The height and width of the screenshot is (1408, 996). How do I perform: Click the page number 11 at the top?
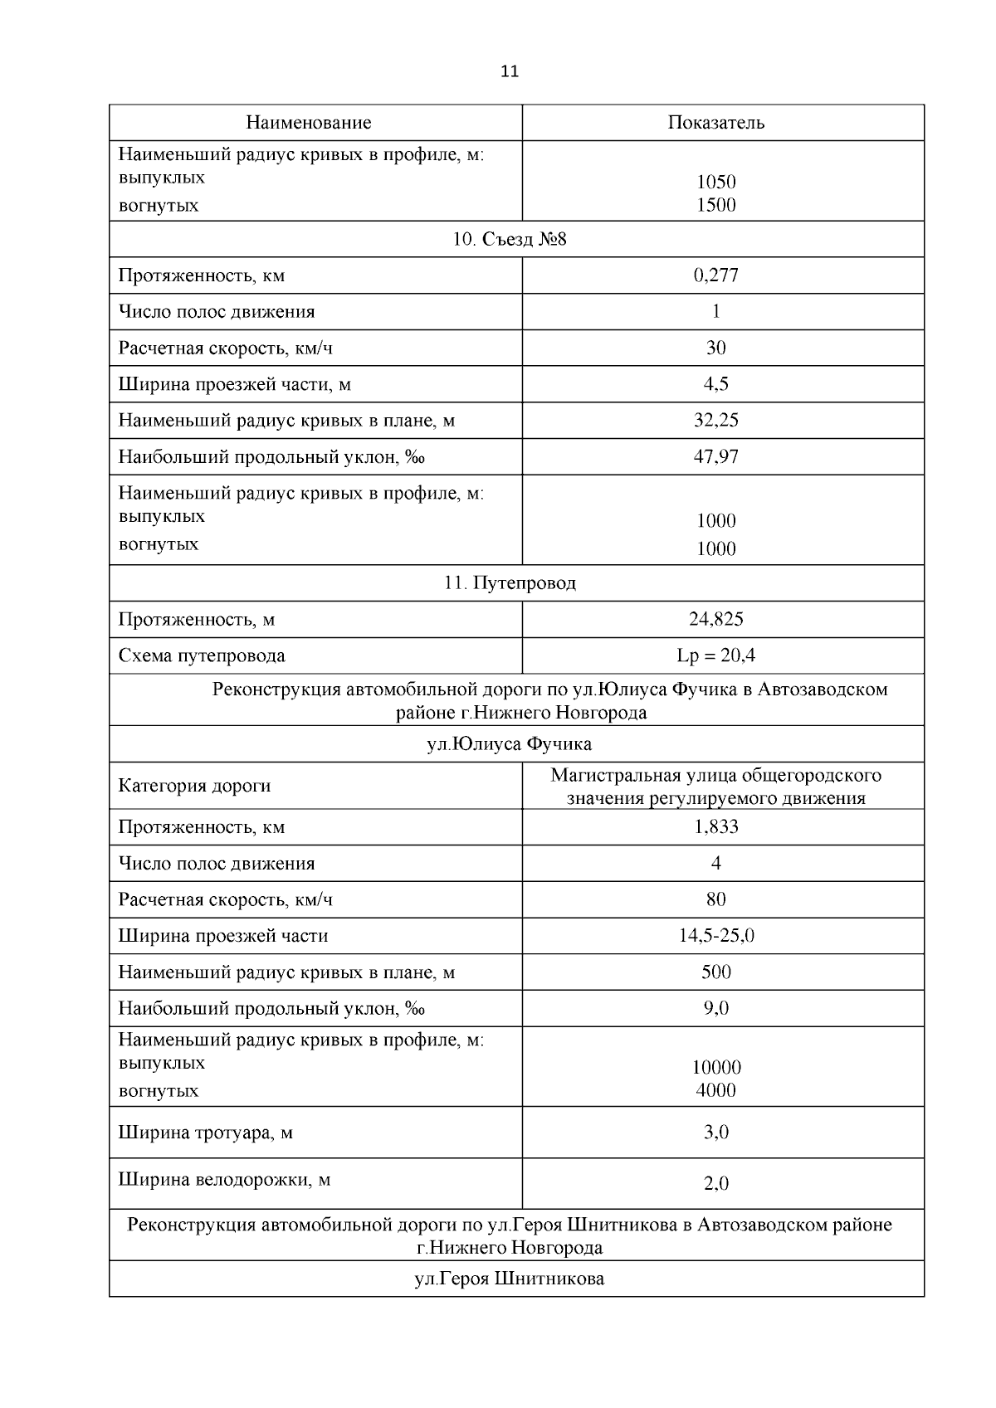point(510,71)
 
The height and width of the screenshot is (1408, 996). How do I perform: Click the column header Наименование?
point(308,123)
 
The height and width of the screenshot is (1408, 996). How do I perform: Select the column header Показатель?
point(715,123)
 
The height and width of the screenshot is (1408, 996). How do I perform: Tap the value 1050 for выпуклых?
point(715,182)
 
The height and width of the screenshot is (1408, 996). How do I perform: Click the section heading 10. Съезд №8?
point(510,240)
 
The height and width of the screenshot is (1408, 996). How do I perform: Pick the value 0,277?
point(715,275)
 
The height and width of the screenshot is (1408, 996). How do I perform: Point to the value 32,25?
point(715,420)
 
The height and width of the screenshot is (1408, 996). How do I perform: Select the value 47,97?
point(715,456)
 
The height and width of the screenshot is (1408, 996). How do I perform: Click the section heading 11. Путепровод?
point(510,583)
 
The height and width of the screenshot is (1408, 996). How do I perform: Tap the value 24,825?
point(715,619)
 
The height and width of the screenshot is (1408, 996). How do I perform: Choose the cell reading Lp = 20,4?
point(715,655)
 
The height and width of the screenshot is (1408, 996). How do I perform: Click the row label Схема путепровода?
point(202,655)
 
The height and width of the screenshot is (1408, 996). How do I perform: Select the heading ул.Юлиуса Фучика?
point(509,743)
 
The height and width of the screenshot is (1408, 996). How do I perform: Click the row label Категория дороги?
point(194,786)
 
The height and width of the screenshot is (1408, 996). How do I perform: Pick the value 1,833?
point(715,826)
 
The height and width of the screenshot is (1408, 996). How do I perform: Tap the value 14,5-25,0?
point(715,936)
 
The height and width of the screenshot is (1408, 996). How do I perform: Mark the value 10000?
point(715,1068)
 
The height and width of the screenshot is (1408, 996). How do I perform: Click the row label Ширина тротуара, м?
point(205,1133)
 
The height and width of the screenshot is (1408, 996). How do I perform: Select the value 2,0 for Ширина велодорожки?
point(715,1184)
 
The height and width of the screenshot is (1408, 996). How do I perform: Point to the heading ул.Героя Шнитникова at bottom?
point(509,1279)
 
